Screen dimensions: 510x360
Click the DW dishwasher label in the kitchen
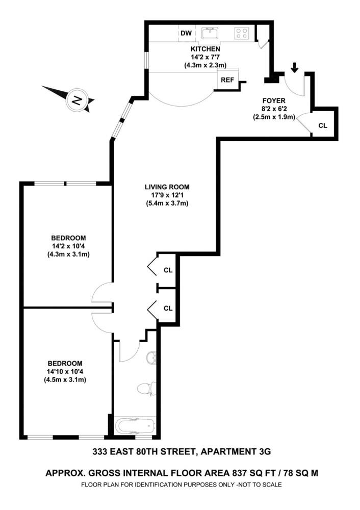(187, 34)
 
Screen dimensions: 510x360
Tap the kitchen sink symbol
(210, 34)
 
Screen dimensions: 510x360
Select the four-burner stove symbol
(242, 34)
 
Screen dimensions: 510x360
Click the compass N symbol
(76, 99)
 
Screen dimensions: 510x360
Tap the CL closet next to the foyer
(323, 125)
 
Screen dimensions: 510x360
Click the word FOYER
(274, 100)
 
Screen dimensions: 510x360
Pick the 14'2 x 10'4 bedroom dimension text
(68, 246)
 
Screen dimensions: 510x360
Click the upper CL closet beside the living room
(168, 270)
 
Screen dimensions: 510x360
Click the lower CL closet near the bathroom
(168, 308)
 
